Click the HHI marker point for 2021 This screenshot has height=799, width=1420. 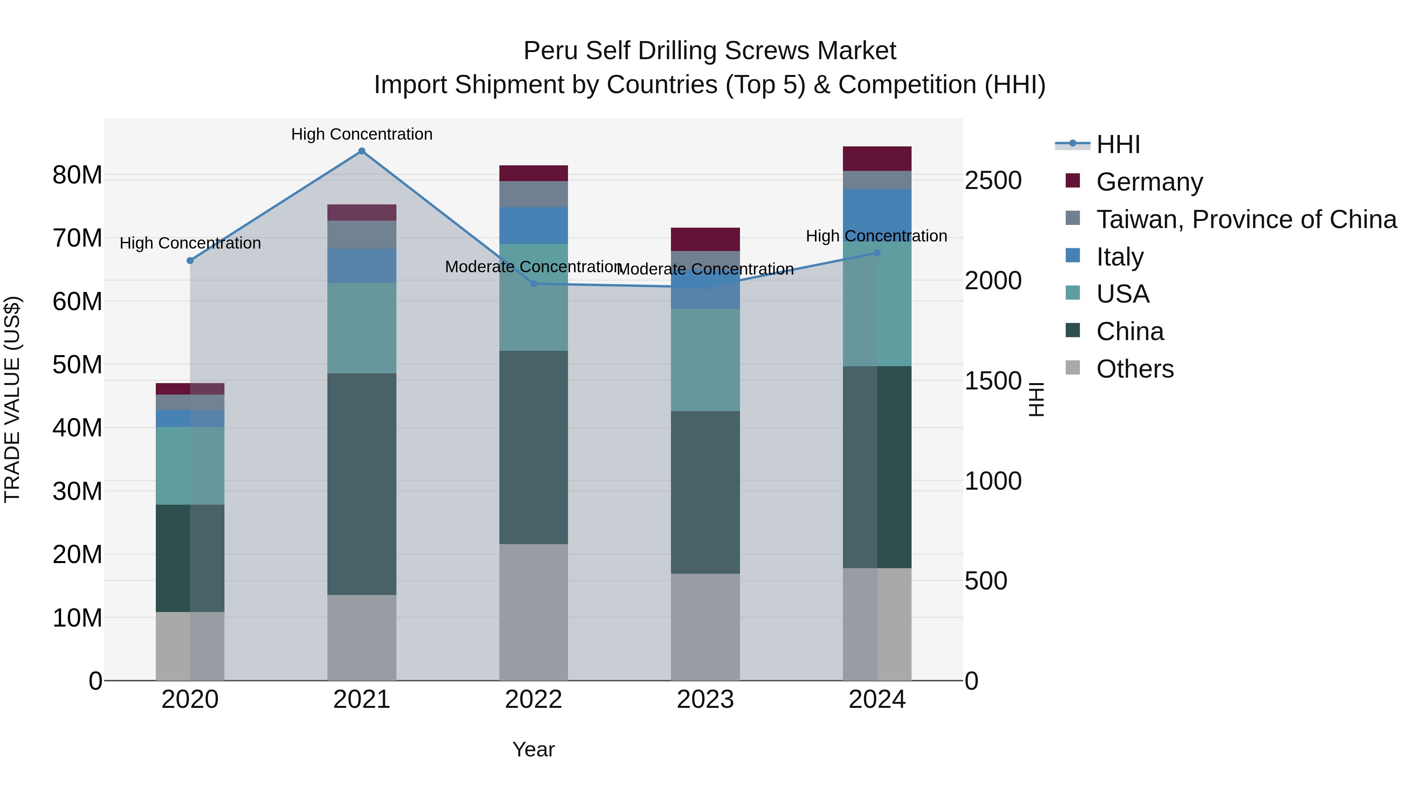pos(362,151)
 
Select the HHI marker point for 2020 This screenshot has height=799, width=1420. pos(190,260)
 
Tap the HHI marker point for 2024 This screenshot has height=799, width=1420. pos(877,253)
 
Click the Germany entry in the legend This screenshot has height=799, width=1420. pos(1149,182)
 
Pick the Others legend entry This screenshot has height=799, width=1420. pos(1134,369)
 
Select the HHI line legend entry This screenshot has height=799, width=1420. pos(1118,144)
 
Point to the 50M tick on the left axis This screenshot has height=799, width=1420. pos(77,365)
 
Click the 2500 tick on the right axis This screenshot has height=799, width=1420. pos(993,181)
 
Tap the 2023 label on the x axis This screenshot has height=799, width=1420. pos(705,700)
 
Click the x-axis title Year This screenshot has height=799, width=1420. pos(533,749)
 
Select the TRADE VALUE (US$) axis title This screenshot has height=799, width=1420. pos(12,399)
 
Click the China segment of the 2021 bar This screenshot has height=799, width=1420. pos(362,484)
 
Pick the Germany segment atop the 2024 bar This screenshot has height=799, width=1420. pos(877,159)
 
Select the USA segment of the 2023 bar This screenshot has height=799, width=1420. pos(705,360)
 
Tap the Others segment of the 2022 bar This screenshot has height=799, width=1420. pos(533,612)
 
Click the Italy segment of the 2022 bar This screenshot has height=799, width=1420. pos(533,226)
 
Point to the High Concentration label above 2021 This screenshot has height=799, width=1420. pos(362,134)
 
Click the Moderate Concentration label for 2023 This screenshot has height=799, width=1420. pos(705,269)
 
